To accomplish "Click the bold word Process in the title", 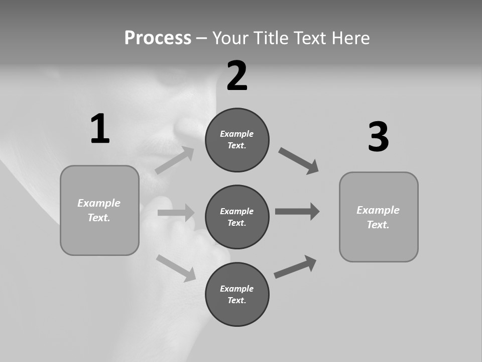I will pyautogui.click(x=158, y=38).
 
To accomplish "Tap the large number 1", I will pyautogui.click(x=100, y=129).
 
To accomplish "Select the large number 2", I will pyautogui.click(x=237, y=76).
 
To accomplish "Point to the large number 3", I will pyautogui.click(x=378, y=137).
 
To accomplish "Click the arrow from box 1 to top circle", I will pyautogui.click(x=175, y=160).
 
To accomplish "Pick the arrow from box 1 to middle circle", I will pyautogui.click(x=176, y=213).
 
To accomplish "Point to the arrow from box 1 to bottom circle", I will pyautogui.click(x=176, y=267).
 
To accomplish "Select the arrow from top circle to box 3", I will pyautogui.click(x=299, y=161).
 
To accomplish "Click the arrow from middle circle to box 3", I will pyautogui.click(x=297, y=212).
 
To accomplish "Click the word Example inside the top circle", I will pyautogui.click(x=236, y=134).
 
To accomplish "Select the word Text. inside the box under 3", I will pyautogui.click(x=378, y=225).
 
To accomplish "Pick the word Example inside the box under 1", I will pyautogui.click(x=99, y=203).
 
